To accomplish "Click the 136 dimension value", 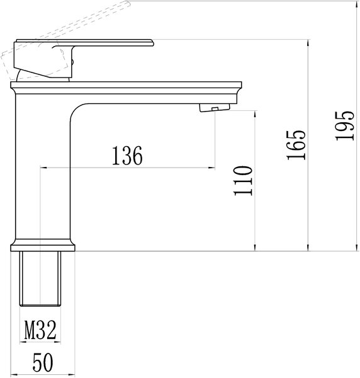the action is coord(127,156).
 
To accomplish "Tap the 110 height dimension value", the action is coord(243,181).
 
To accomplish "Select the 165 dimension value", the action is coord(296,145).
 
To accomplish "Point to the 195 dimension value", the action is coord(345,125).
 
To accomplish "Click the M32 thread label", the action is coord(40,330).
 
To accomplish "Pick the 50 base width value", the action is coord(43,362).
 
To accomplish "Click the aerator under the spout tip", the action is coord(215,108).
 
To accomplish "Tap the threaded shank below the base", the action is coord(40,278).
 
